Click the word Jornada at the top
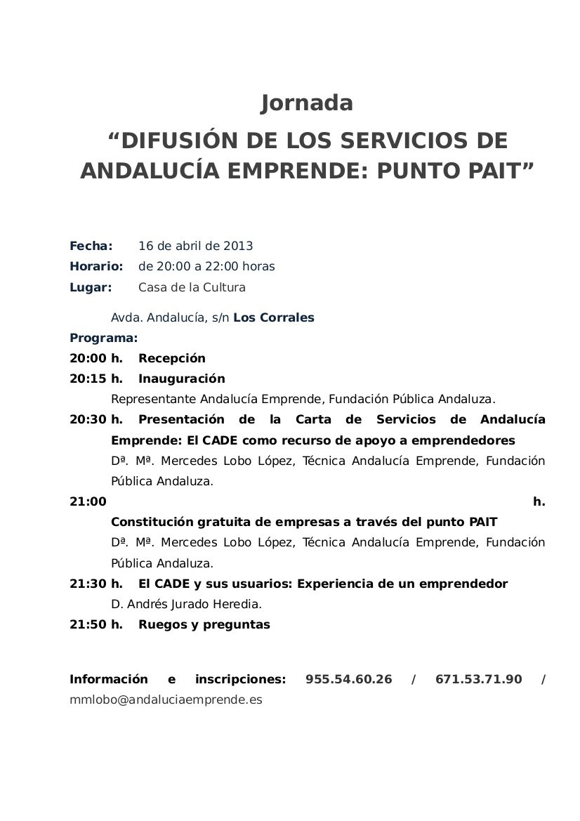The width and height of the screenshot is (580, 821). pos(307,103)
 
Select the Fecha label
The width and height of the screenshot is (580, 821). pos(91,246)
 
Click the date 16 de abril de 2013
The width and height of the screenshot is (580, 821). pos(196,246)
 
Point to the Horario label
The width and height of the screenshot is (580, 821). pos(96,266)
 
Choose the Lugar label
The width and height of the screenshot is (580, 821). pos(91,287)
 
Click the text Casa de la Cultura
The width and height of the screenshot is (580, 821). pos(192,287)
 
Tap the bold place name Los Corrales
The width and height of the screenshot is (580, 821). pos(274,317)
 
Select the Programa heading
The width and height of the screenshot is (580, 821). pos(104,337)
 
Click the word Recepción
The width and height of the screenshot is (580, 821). pos(172,358)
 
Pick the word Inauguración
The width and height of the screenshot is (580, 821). pos(182,379)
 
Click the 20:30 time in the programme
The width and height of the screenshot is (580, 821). pos(88,419)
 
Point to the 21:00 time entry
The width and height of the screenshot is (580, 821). pos(88,501)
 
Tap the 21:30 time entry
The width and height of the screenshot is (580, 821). pos(88,584)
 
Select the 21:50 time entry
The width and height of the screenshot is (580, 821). pos(88,624)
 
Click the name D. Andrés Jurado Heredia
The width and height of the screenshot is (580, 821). pos(186,604)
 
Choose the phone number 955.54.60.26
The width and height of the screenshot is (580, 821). pos(349,679)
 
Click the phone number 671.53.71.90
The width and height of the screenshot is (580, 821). pos(479,679)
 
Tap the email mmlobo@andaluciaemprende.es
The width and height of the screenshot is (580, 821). pos(166,700)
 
